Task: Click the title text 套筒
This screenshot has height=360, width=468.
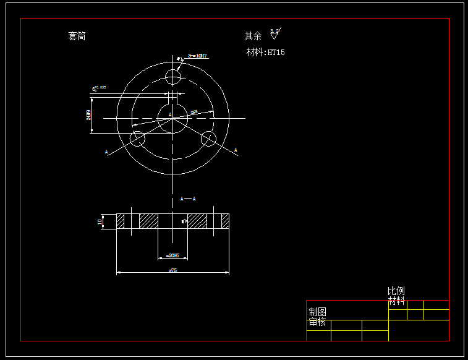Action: pos(77,36)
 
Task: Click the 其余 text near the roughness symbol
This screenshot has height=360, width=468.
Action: pos(253,36)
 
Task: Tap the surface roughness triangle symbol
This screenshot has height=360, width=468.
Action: pos(274,35)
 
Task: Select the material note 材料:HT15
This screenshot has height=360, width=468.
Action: pos(266,53)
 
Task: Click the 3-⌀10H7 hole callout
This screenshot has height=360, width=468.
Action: pos(197,56)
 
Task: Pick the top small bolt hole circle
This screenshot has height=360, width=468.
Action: pos(173,77)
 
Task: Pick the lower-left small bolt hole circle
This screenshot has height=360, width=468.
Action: pos(137,139)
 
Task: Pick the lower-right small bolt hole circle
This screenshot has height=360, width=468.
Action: pos(209,139)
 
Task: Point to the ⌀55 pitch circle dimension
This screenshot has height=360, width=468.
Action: pos(194,112)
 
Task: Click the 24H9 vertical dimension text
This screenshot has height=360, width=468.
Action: pos(88,115)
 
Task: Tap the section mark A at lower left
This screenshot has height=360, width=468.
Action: pos(106,152)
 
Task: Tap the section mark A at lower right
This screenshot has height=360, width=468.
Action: pos(236,150)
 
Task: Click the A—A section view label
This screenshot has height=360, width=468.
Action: pos(188,199)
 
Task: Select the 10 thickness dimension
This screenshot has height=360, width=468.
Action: pos(100,221)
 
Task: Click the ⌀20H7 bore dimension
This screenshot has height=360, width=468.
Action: pos(172,255)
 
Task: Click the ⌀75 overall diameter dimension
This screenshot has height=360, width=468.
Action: pos(172,271)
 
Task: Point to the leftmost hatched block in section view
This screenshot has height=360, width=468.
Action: pos(120,221)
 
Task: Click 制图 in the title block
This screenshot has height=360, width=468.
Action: pos(318,312)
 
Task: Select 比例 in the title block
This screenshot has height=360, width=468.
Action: pos(396,291)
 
